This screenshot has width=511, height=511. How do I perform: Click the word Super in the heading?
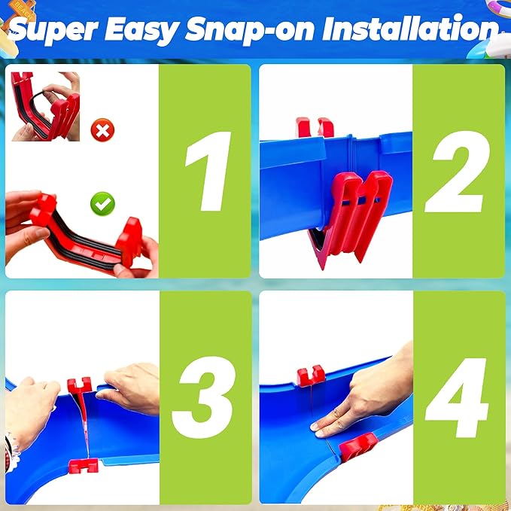click(53, 30)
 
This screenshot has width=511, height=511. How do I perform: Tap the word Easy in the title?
click(141, 30)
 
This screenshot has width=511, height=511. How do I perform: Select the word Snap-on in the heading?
click(250, 30)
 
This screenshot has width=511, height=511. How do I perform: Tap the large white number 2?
click(457, 172)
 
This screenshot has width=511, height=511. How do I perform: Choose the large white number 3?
click(204, 397)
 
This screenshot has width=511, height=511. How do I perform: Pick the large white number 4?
click(457, 397)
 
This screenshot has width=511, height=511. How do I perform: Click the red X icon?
click(102, 130)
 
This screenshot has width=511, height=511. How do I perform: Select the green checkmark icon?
click(102, 204)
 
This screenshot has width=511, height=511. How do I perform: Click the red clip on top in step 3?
click(79, 385)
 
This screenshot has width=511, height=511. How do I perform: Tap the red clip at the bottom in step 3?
click(84, 466)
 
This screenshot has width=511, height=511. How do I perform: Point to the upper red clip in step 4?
click(311, 376)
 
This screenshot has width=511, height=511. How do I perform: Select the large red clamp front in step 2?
click(354, 215)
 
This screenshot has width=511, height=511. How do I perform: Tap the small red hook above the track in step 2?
click(315, 128)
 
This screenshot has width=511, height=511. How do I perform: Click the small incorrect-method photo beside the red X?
click(45, 106)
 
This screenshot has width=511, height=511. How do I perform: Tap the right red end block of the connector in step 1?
click(129, 241)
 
